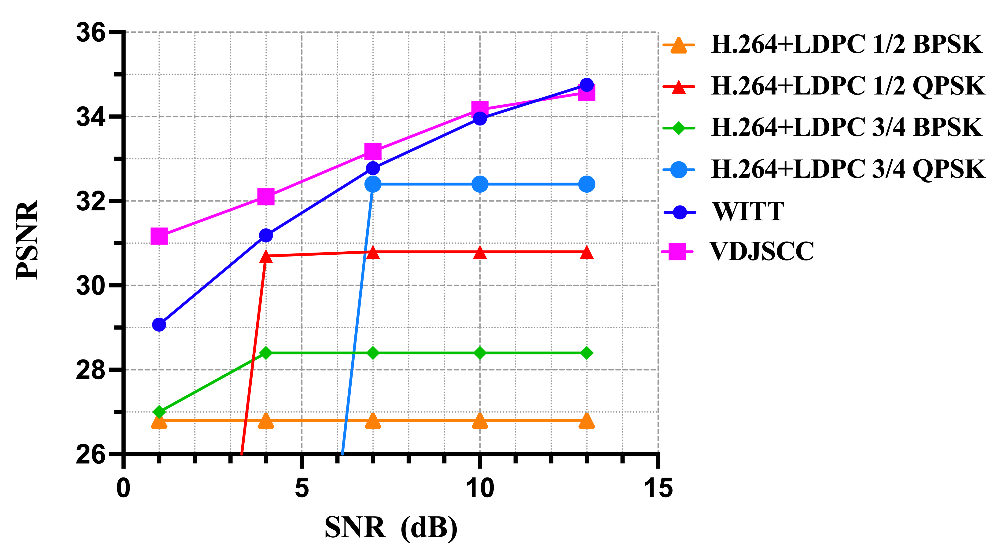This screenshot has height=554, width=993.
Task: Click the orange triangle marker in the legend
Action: tap(678, 45)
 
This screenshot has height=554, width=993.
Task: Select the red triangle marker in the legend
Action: tap(678, 87)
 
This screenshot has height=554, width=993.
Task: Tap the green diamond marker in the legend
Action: tap(678, 128)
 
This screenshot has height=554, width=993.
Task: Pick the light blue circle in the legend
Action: tap(678, 170)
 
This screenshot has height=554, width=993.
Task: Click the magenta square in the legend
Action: tap(677, 252)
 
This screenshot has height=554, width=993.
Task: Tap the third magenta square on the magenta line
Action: tap(373, 151)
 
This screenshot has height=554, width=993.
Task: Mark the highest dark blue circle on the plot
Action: tap(586, 84)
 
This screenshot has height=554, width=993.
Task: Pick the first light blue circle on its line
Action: tap(373, 184)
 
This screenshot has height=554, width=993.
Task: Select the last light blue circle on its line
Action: tap(586, 184)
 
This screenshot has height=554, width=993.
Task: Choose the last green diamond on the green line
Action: tap(586, 353)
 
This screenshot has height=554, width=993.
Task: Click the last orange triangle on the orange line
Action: tap(586, 421)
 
